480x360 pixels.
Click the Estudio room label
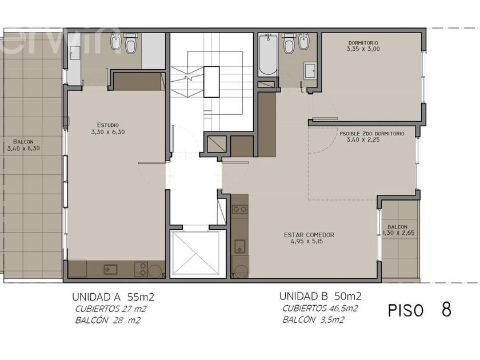(108, 125)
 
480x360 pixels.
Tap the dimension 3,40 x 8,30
(23, 149)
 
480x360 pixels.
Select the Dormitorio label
(363, 43)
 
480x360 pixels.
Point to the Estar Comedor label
(309, 235)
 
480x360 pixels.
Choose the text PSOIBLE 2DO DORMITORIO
(372, 134)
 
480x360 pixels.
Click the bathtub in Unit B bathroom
(268, 54)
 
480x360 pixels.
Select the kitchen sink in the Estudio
(110, 269)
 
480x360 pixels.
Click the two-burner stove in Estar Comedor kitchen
(239, 209)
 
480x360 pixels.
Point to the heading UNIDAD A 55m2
(113, 297)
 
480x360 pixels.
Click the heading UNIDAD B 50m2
(320, 297)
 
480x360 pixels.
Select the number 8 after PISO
(447, 310)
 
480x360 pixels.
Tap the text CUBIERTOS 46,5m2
(320, 309)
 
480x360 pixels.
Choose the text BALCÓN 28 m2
(108, 321)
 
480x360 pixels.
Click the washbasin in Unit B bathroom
(310, 71)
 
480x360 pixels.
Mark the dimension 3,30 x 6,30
(108, 132)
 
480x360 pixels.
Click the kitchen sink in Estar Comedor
(239, 246)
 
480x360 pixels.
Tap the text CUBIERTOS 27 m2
(111, 309)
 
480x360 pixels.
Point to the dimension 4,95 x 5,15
(307, 242)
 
